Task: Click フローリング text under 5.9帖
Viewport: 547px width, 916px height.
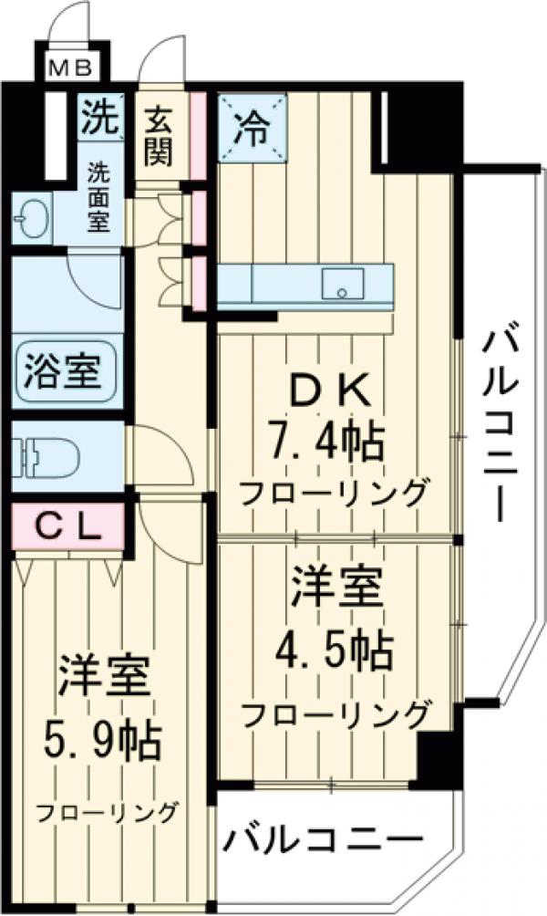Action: [x=108, y=811]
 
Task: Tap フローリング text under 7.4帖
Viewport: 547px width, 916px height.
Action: [x=332, y=494]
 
